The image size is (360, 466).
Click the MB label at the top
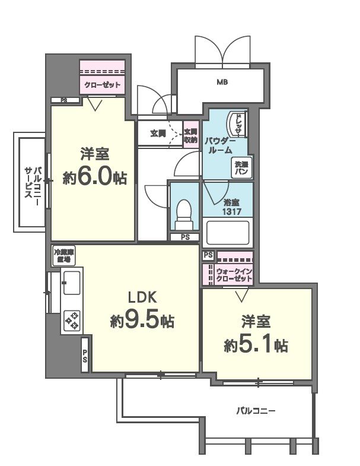coord(222,82)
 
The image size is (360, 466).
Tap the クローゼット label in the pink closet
coord(103,85)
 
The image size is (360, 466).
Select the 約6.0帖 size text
coord(95,177)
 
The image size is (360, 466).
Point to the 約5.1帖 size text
coord(256,345)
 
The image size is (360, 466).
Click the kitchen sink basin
coord(71,283)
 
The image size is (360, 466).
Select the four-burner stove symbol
coord(73,320)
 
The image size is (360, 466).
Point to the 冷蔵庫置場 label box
coord(63,255)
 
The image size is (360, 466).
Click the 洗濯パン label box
coord(241,167)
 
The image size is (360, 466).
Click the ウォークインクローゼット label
coord(235,275)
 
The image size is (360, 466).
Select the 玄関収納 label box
coord(190,135)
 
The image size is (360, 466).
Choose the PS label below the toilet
coord(184,237)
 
